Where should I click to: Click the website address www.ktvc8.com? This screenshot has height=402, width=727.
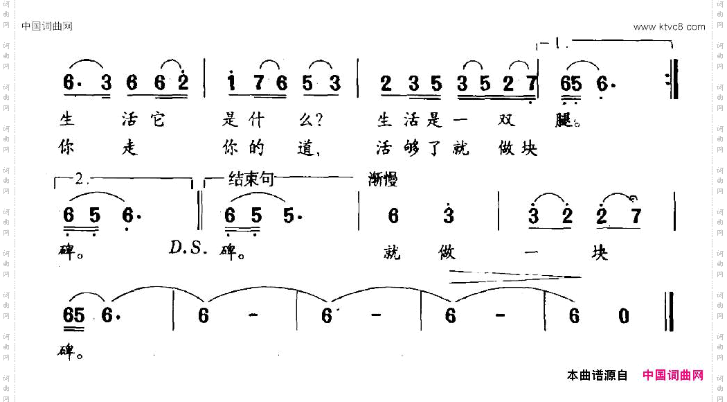point(669,27)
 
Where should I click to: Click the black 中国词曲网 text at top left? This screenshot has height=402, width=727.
point(47,27)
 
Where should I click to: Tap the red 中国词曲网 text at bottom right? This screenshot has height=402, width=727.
point(673,375)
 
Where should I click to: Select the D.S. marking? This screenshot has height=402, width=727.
point(188,247)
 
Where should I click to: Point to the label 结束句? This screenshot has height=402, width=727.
point(251,180)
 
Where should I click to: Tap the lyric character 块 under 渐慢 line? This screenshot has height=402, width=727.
point(599,253)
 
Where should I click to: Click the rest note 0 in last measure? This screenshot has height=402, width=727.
point(623,316)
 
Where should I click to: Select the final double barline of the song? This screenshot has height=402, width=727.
point(669,315)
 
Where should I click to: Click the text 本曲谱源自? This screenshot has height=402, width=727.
point(597,376)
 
